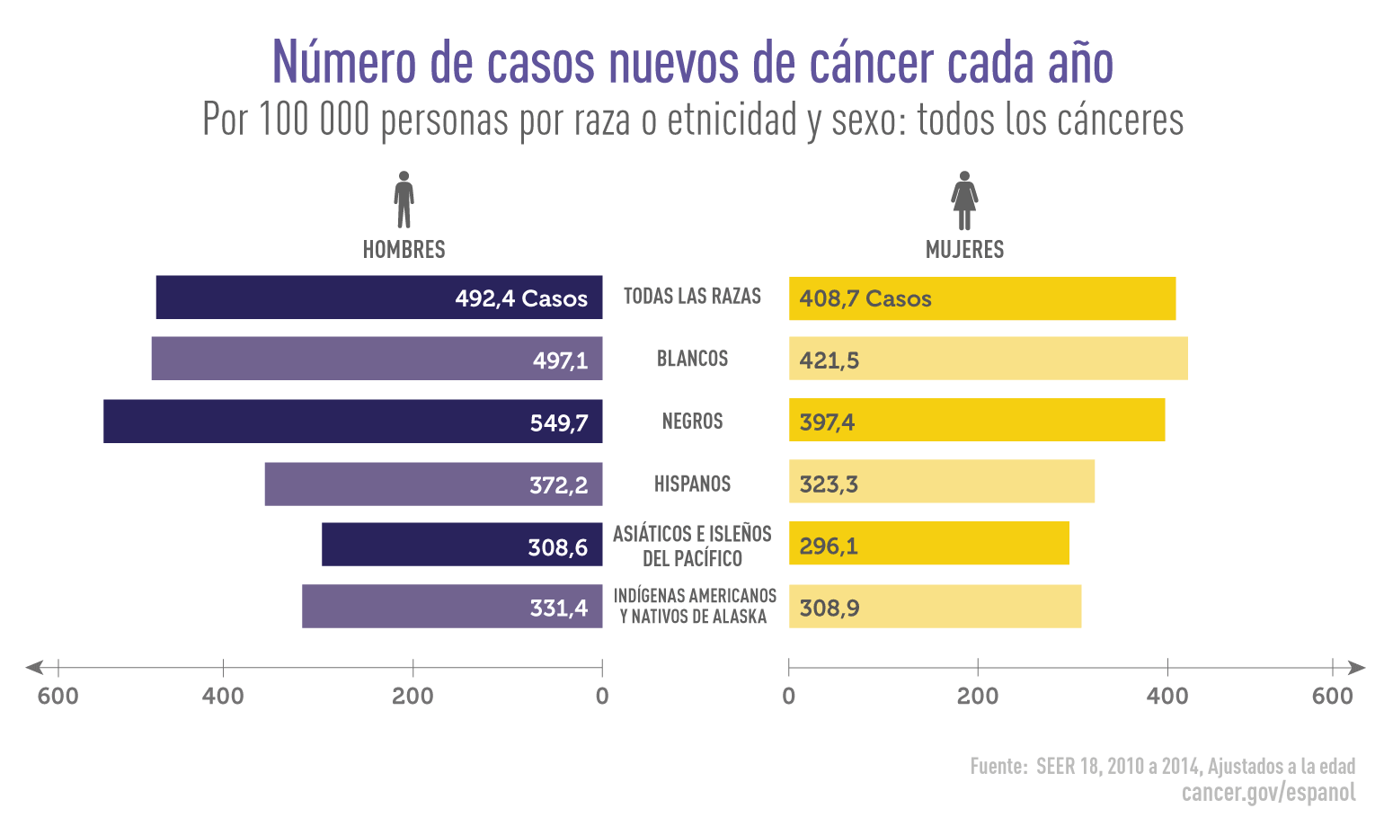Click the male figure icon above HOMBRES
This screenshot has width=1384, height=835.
pos(404,200)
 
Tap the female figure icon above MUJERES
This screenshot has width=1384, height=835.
pos(964,200)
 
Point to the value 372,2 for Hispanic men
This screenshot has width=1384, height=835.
pos(558,485)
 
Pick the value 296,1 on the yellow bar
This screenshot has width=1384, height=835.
pos(829,546)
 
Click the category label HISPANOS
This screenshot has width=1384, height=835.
pos(692,484)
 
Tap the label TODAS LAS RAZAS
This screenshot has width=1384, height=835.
pos(692,297)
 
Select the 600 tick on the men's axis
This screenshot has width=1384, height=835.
pos(58,668)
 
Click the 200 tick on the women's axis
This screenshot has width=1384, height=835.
pos(978,668)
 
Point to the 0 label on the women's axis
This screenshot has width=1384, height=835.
pos(789,696)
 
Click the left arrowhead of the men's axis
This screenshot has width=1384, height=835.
pos(34,668)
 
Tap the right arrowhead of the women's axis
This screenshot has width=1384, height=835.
pos(1356,668)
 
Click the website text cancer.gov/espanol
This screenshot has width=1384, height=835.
pos(1268,792)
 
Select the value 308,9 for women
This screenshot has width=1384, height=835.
pos(830,608)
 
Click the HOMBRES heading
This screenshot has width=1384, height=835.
pos(404,249)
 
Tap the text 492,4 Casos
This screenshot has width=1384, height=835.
pos(521,298)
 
